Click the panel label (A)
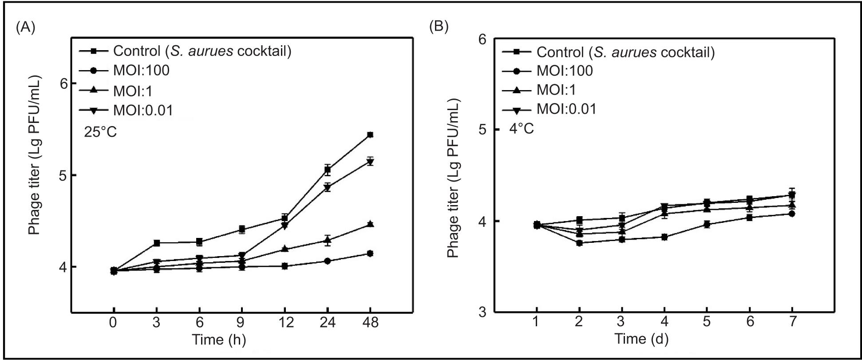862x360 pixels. coord(25,27)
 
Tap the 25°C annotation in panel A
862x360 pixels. coord(100,132)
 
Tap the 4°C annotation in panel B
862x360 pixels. coord(522,129)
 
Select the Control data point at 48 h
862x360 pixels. coord(370,135)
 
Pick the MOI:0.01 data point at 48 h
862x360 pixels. coord(370,162)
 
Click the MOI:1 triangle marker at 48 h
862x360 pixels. coord(370,224)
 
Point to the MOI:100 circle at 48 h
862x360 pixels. coord(370,253)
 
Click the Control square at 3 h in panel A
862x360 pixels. coord(156,243)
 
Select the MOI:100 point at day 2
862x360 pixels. coord(579,243)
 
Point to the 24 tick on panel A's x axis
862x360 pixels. coord(327,322)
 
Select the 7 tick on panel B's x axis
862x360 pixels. coord(792,321)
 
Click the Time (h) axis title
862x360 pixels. coord(219,340)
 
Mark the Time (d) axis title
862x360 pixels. coord(642,339)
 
